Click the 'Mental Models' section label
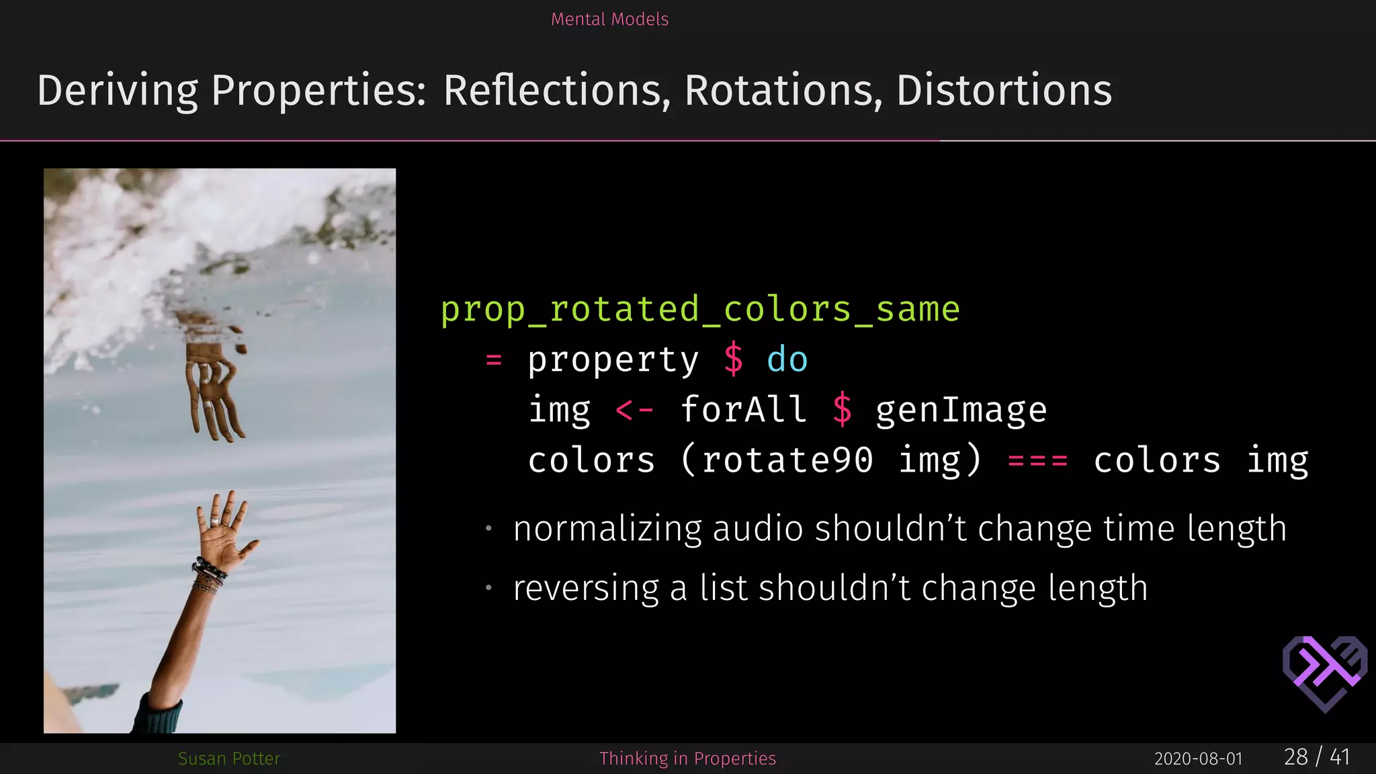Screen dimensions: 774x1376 pos(609,19)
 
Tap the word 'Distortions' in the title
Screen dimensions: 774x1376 pos(1004,90)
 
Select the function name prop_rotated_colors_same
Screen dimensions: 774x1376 pos(700,310)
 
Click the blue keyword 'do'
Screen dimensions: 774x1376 pos(787,359)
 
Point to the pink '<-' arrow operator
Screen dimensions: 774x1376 pos(634,410)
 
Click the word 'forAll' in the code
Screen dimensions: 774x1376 pos(743,410)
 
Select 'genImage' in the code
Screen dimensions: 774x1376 pos(961,410)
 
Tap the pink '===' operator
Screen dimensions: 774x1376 pos(1037,461)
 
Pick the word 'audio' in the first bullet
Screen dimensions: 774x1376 pos(757,528)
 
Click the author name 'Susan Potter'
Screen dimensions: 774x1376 pos(228,759)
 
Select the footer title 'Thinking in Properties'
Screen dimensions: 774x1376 pos(687,759)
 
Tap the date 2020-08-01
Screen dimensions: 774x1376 pos(1198,759)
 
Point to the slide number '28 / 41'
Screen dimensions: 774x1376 pos(1316,757)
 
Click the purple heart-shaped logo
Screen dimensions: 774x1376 pos(1324,673)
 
